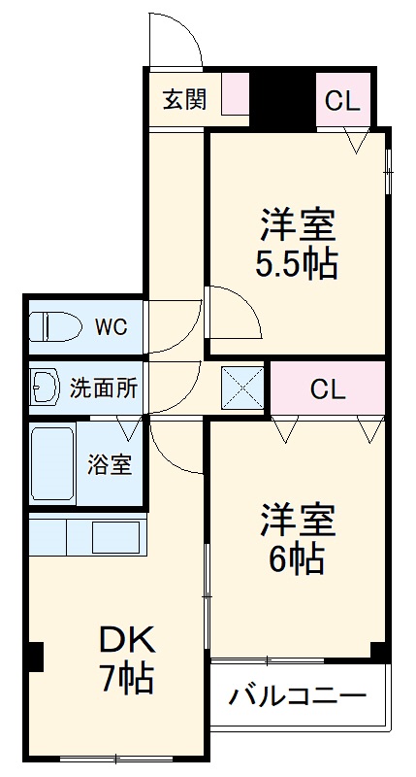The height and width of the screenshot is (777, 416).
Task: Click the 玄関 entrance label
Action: point(184,100)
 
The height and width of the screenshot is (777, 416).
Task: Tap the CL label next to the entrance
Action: point(341,100)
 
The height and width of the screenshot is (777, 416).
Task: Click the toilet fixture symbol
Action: point(52,327)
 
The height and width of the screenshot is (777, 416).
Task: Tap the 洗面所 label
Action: point(104,388)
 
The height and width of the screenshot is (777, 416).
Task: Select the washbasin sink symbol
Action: point(46,388)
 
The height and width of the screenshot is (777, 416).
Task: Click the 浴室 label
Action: point(111,464)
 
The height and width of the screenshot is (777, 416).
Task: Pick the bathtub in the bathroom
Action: point(53,464)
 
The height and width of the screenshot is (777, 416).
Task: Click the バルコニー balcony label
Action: point(298,696)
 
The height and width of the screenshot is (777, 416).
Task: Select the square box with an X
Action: point(239,387)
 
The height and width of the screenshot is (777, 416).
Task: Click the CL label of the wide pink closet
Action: point(328,388)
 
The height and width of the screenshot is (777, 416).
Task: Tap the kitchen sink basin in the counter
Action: point(116,536)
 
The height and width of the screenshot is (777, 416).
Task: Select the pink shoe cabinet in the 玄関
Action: point(236,94)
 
